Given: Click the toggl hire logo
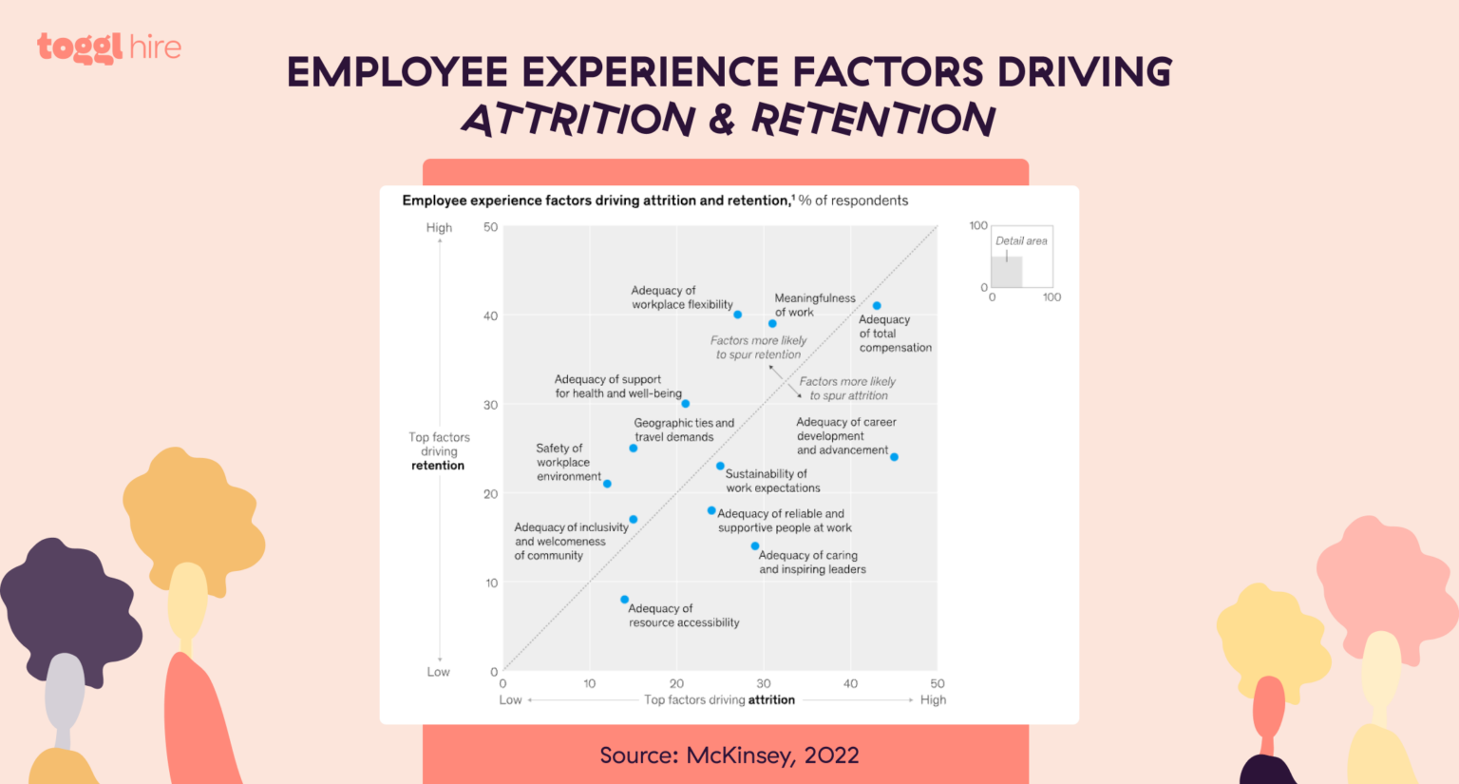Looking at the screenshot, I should [x=109, y=48].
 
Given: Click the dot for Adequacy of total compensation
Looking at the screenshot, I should [x=877, y=306].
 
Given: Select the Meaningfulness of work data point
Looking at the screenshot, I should [x=772, y=324].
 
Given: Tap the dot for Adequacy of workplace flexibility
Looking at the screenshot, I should [x=737, y=315].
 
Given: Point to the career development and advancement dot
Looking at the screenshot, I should [x=894, y=457].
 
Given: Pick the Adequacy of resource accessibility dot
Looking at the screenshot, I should [x=624, y=600].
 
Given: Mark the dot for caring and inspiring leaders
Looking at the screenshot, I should [x=755, y=546].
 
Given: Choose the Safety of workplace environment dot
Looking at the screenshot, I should [x=607, y=484].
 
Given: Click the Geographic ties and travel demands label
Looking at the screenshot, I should [x=684, y=430].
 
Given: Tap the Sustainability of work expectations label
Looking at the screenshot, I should [x=772, y=481].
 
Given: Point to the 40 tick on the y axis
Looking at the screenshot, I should [x=490, y=316].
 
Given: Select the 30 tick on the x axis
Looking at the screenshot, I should [x=764, y=683].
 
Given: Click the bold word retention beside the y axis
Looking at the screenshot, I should [x=438, y=466].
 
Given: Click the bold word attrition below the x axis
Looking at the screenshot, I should [x=771, y=699].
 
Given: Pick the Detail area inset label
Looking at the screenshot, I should [x=1021, y=241].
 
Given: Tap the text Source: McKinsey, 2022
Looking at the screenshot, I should [x=729, y=755].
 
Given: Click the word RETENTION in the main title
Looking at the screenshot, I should [x=873, y=120].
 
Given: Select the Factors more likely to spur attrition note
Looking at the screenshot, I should [x=847, y=389].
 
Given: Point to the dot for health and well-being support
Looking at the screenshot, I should [x=685, y=404].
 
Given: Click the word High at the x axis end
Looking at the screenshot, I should [x=933, y=699].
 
